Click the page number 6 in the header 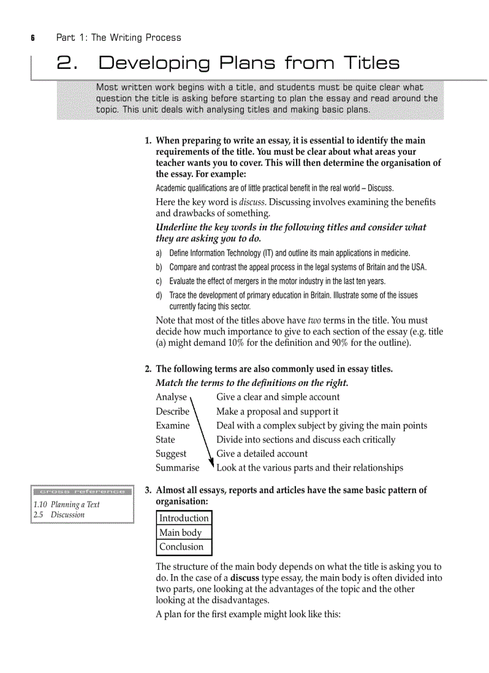click(34, 38)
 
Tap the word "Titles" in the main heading click(371, 63)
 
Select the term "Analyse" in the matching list click(171, 397)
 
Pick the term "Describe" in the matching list click(172, 411)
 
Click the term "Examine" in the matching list click(172, 425)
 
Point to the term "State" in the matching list click(165, 439)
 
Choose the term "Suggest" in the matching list click(171, 454)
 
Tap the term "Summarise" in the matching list click(177, 467)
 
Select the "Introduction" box click(184, 518)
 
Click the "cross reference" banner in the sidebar click(82, 491)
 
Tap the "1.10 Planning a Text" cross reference click(67, 504)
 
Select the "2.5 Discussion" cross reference click(59, 514)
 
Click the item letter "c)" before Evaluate click(159, 281)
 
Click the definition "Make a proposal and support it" click(277, 411)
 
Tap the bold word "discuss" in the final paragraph click(244, 578)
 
